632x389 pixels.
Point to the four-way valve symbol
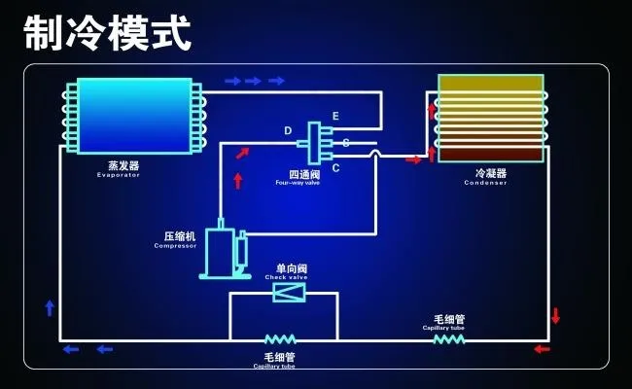point(315,142)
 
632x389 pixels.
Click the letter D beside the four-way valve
point(288,130)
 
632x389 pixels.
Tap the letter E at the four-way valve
point(335,118)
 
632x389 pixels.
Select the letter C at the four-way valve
point(335,169)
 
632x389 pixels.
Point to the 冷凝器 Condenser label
point(486,176)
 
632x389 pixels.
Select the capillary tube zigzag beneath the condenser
point(448,339)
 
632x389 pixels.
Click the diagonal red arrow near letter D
point(242,151)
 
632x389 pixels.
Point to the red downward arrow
point(556,316)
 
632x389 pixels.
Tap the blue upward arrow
point(50,308)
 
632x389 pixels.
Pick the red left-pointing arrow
point(542,349)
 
